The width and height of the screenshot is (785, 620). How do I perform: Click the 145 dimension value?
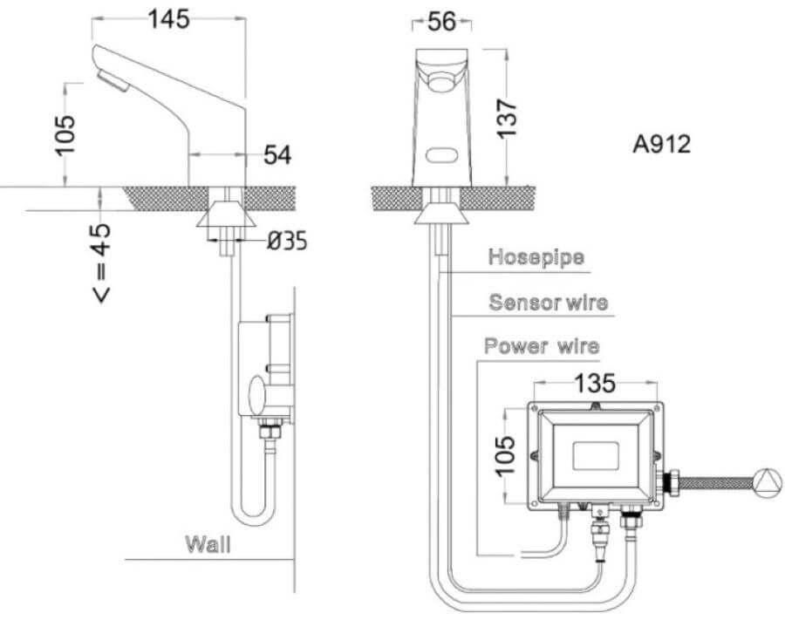[x=168, y=19]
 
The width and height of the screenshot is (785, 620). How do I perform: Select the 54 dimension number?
[x=277, y=154]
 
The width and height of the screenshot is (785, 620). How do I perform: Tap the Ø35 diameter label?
[x=287, y=242]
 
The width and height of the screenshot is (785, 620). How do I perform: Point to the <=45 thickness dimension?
[x=102, y=262]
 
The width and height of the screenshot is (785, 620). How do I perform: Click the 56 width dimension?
[x=442, y=22]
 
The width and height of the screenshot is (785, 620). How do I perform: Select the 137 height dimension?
[x=506, y=119]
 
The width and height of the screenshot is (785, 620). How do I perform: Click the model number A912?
[x=661, y=144]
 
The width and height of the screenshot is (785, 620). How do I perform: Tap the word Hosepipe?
[x=536, y=257]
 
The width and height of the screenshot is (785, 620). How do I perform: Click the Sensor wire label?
[x=549, y=302]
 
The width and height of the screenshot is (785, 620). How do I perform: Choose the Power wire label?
[x=542, y=346]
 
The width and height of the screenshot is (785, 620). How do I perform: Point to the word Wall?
[x=208, y=544]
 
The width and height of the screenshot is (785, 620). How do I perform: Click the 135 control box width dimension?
[x=594, y=384]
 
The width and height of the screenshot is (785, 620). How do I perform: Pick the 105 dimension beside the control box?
[x=505, y=455]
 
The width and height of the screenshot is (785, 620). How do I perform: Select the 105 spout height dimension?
[x=65, y=135]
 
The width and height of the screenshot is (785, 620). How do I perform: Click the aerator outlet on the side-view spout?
[x=113, y=81]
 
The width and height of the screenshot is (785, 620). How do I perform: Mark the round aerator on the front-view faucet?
[x=441, y=82]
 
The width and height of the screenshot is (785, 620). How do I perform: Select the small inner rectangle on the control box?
[x=595, y=455]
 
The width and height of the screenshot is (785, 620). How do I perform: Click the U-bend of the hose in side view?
[x=253, y=519]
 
